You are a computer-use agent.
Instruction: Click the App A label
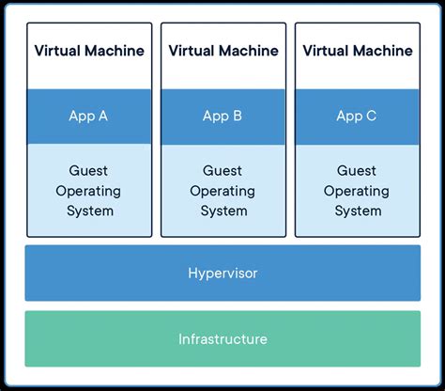[x=88, y=117]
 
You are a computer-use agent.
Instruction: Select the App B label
[x=222, y=117]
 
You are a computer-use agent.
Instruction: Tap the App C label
[x=357, y=117]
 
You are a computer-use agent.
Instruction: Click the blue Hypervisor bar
[x=222, y=274]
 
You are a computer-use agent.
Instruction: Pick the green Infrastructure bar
[x=222, y=339]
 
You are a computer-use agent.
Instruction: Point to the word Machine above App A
[x=115, y=51]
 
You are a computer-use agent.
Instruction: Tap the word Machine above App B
[x=250, y=51]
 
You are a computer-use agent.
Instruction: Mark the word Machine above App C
[x=384, y=51]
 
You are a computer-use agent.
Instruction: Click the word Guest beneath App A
[x=88, y=170]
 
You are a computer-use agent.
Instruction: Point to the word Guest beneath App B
[x=222, y=170]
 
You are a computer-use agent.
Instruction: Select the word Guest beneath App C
[x=357, y=170]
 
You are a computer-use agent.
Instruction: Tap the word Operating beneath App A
[x=88, y=191]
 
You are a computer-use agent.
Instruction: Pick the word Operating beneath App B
[x=222, y=191]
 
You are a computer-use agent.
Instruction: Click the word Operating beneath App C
[x=357, y=191]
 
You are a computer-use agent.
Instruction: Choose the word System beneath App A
[x=88, y=211]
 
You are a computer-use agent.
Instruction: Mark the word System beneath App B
[x=222, y=211]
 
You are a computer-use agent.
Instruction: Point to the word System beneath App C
[x=357, y=211]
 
